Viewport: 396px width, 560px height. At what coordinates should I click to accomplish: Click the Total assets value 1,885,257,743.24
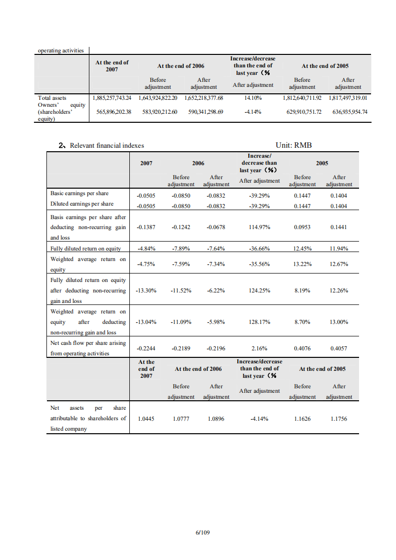(x=112, y=98)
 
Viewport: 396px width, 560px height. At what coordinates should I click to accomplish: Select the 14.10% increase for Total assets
(x=253, y=98)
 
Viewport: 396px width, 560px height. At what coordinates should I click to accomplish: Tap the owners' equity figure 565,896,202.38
(x=113, y=112)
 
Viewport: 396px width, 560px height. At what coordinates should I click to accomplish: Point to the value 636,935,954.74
(x=350, y=112)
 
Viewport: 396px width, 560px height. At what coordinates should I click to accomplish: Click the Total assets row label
(x=52, y=98)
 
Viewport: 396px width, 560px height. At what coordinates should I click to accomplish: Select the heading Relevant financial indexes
(x=106, y=145)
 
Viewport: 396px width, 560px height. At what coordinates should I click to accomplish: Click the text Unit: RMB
(x=294, y=145)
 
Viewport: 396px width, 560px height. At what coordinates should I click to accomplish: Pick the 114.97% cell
(x=259, y=227)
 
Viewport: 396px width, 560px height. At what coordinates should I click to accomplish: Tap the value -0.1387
(x=146, y=227)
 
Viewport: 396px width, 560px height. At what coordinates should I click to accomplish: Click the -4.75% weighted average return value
(x=146, y=264)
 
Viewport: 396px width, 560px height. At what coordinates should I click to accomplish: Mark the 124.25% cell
(x=259, y=290)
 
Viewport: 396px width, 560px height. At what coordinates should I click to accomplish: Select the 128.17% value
(x=259, y=322)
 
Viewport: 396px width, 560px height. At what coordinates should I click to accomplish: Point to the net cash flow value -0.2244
(x=146, y=348)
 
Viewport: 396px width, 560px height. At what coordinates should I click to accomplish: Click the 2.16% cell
(x=259, y=348)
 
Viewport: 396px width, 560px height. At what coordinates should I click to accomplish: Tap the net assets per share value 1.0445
(x=146, y=419)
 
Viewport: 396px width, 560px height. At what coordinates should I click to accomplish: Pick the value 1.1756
(x=339, y=419)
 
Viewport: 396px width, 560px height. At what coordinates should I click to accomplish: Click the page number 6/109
(x=202, y=533)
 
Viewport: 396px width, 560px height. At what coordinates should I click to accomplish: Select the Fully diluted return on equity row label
(x=85, y=249)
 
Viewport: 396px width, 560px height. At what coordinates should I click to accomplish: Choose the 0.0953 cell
(x=302, y=227)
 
